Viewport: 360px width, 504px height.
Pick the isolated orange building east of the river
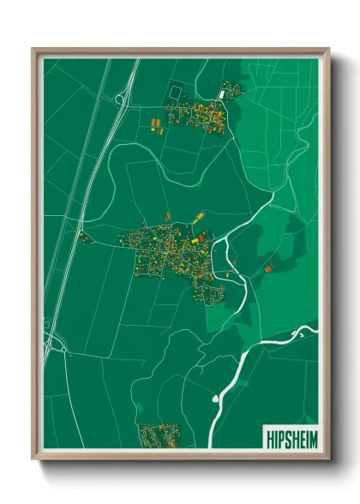[x=268, y=268]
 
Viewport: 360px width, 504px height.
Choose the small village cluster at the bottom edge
[x=160, y=435]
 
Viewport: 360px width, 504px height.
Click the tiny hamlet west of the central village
[x=84, y=237]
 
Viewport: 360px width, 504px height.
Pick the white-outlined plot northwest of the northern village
[x=177, y=91]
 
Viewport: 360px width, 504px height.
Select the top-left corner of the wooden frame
[x=33, y=50]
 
